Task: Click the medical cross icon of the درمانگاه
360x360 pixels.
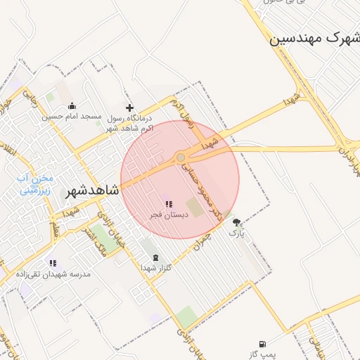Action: point(129,108)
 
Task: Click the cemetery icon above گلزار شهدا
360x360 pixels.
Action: point(155,257)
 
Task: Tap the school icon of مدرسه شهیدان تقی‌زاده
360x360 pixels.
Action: point(53,262)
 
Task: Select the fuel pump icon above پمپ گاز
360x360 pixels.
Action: point(262,344)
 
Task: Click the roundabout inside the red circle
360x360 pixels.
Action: point(181,157)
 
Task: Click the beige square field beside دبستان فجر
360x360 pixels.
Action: point(197,209)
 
